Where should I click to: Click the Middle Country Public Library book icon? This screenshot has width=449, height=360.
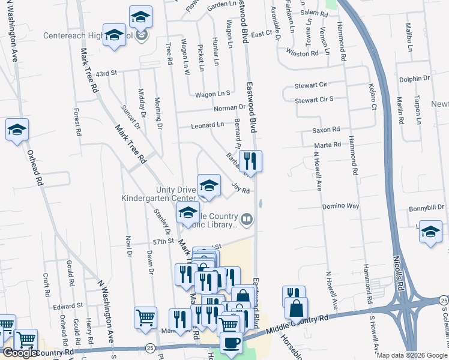pyautogui.click(x=247, y=220)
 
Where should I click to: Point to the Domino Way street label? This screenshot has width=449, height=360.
pyautogui.click(x=340, y=206)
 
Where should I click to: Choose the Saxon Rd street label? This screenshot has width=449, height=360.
pyautogui.click(x=326, y=129)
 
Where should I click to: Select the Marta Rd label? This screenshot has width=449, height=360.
pyautogui.click(x=328, y=145)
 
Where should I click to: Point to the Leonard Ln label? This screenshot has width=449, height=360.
pyautogui.click(x=208, y=125)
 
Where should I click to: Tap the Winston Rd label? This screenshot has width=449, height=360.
pyautogui.click(x=302, y=53)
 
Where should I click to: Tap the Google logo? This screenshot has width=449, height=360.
pyautogui.click(x=20, y=353)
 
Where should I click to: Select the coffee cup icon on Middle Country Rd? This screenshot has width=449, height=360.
pyautogui.click(x=231, y=343)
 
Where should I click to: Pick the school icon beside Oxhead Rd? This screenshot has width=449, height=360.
pyautogui.click(x=17, y=130)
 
